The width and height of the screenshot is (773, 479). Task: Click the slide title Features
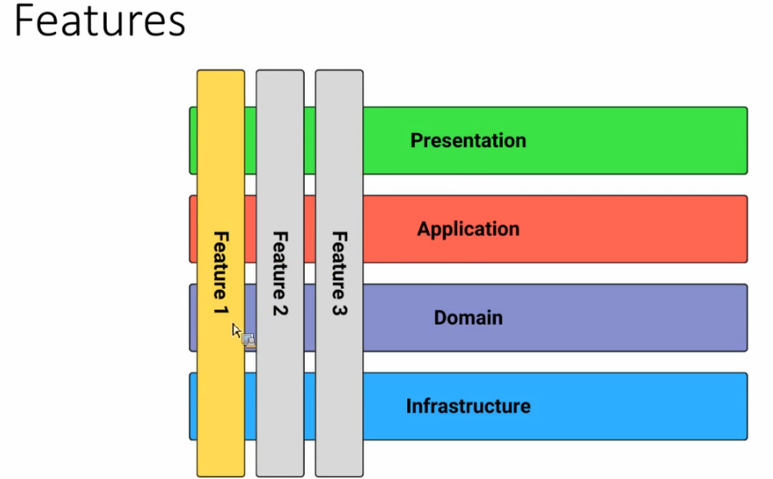tap(100, 21)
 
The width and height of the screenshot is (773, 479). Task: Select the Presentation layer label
tap(468, 140)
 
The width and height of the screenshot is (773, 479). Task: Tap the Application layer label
tap(468, 229)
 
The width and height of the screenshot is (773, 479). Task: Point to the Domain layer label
tap(468, 318)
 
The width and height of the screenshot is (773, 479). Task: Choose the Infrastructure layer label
tap(468, 406)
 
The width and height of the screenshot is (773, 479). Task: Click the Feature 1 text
tap(221, 273)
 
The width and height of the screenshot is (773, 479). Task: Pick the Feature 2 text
tap(280, 273)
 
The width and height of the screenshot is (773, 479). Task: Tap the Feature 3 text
tap(339, 273)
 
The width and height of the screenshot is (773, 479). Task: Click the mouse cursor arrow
tap(236, 331)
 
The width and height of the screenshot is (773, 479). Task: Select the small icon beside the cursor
tap(249, 340)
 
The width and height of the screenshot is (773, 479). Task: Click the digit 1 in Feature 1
tap(221, 310)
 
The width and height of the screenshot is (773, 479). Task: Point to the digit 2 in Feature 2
tap(280, 309)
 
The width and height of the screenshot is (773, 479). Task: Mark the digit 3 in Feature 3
tap(339, 309)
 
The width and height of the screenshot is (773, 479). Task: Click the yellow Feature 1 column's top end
tap(221, 71)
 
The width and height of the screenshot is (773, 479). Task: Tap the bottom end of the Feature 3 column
tap(339, 476)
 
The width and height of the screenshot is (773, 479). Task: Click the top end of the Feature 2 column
tap(280, 71)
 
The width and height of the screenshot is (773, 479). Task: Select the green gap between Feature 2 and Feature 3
tap(310, 140)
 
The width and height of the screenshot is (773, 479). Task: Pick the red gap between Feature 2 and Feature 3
tap(310, 229)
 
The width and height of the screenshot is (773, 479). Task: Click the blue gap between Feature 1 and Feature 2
tap(250, 406)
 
